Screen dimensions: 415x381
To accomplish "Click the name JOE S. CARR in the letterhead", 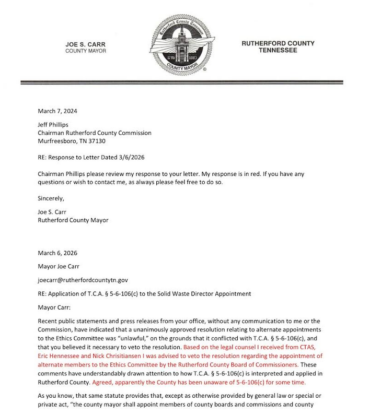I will (x=86, y=44).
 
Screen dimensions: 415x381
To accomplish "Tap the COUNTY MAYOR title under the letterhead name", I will (x=86, y=51).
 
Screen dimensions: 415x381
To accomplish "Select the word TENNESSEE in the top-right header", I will (x=278, y=51).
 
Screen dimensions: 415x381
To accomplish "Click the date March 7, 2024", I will (x=57, y=111).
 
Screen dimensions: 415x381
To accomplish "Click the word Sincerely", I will (x=52, y=198).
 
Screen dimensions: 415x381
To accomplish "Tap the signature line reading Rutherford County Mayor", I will (x=73, y=220).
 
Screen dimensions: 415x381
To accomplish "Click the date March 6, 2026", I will (x=57, y=253).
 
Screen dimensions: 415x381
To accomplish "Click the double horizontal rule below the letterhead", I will (x=181, y=82).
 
